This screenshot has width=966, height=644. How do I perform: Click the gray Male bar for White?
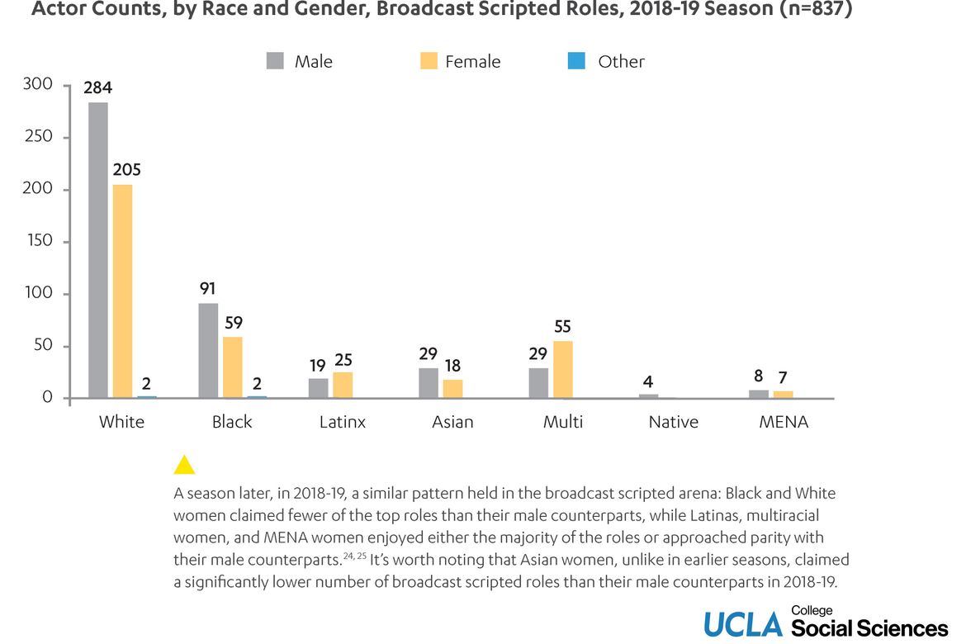pos(98,250)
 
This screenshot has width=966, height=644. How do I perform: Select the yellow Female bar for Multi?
pos(563,370)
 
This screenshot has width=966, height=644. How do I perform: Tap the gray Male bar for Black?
pos(208,351)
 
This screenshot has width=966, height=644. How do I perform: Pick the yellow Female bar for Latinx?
pos(343,386)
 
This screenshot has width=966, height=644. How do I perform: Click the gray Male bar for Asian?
pos(429,383)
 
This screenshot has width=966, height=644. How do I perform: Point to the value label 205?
pos(126,169)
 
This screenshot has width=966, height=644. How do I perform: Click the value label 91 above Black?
pos(208,289)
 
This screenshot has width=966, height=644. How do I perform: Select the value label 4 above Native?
pos(648,381)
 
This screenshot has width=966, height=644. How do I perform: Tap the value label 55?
pos(563,326)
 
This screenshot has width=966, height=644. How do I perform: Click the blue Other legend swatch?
pos(576,61)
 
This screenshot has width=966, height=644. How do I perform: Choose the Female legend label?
pos(472,61)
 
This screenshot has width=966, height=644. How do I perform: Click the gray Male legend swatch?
pos(275,61)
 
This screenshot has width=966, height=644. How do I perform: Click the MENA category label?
pos(784,422)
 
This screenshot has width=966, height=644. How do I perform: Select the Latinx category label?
pos(343,422)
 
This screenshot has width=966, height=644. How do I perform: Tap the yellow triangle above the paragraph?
pos(184,465)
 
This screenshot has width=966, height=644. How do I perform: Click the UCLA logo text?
pos(742,625)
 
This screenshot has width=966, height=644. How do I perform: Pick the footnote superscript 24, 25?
pos(356,556)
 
